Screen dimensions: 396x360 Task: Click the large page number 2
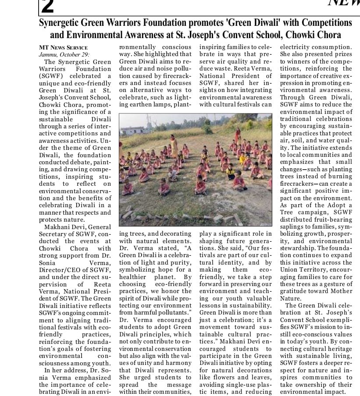(x=47, y=6)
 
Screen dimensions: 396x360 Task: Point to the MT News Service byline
(x=63, y=47)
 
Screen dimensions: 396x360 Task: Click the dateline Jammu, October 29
(x=64, y=54)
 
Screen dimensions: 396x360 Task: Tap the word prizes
(x=342, y=54)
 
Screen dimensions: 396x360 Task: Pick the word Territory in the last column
(x=314, y=269)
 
